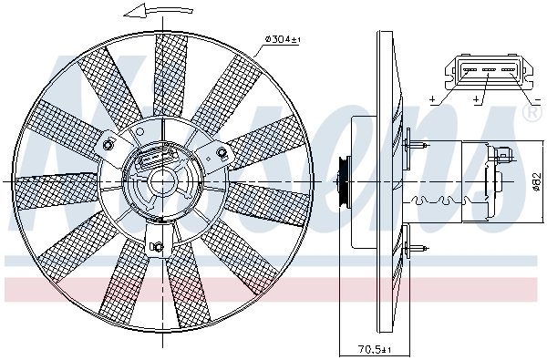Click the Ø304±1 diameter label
tap(284, 38)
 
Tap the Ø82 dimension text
tap(536, 180)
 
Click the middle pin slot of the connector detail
tap(485, 68)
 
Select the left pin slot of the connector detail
tap(465, 68)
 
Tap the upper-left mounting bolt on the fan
tap(109, 146)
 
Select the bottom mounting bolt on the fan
tap(155, 243)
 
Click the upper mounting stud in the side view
tap(418, 143)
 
